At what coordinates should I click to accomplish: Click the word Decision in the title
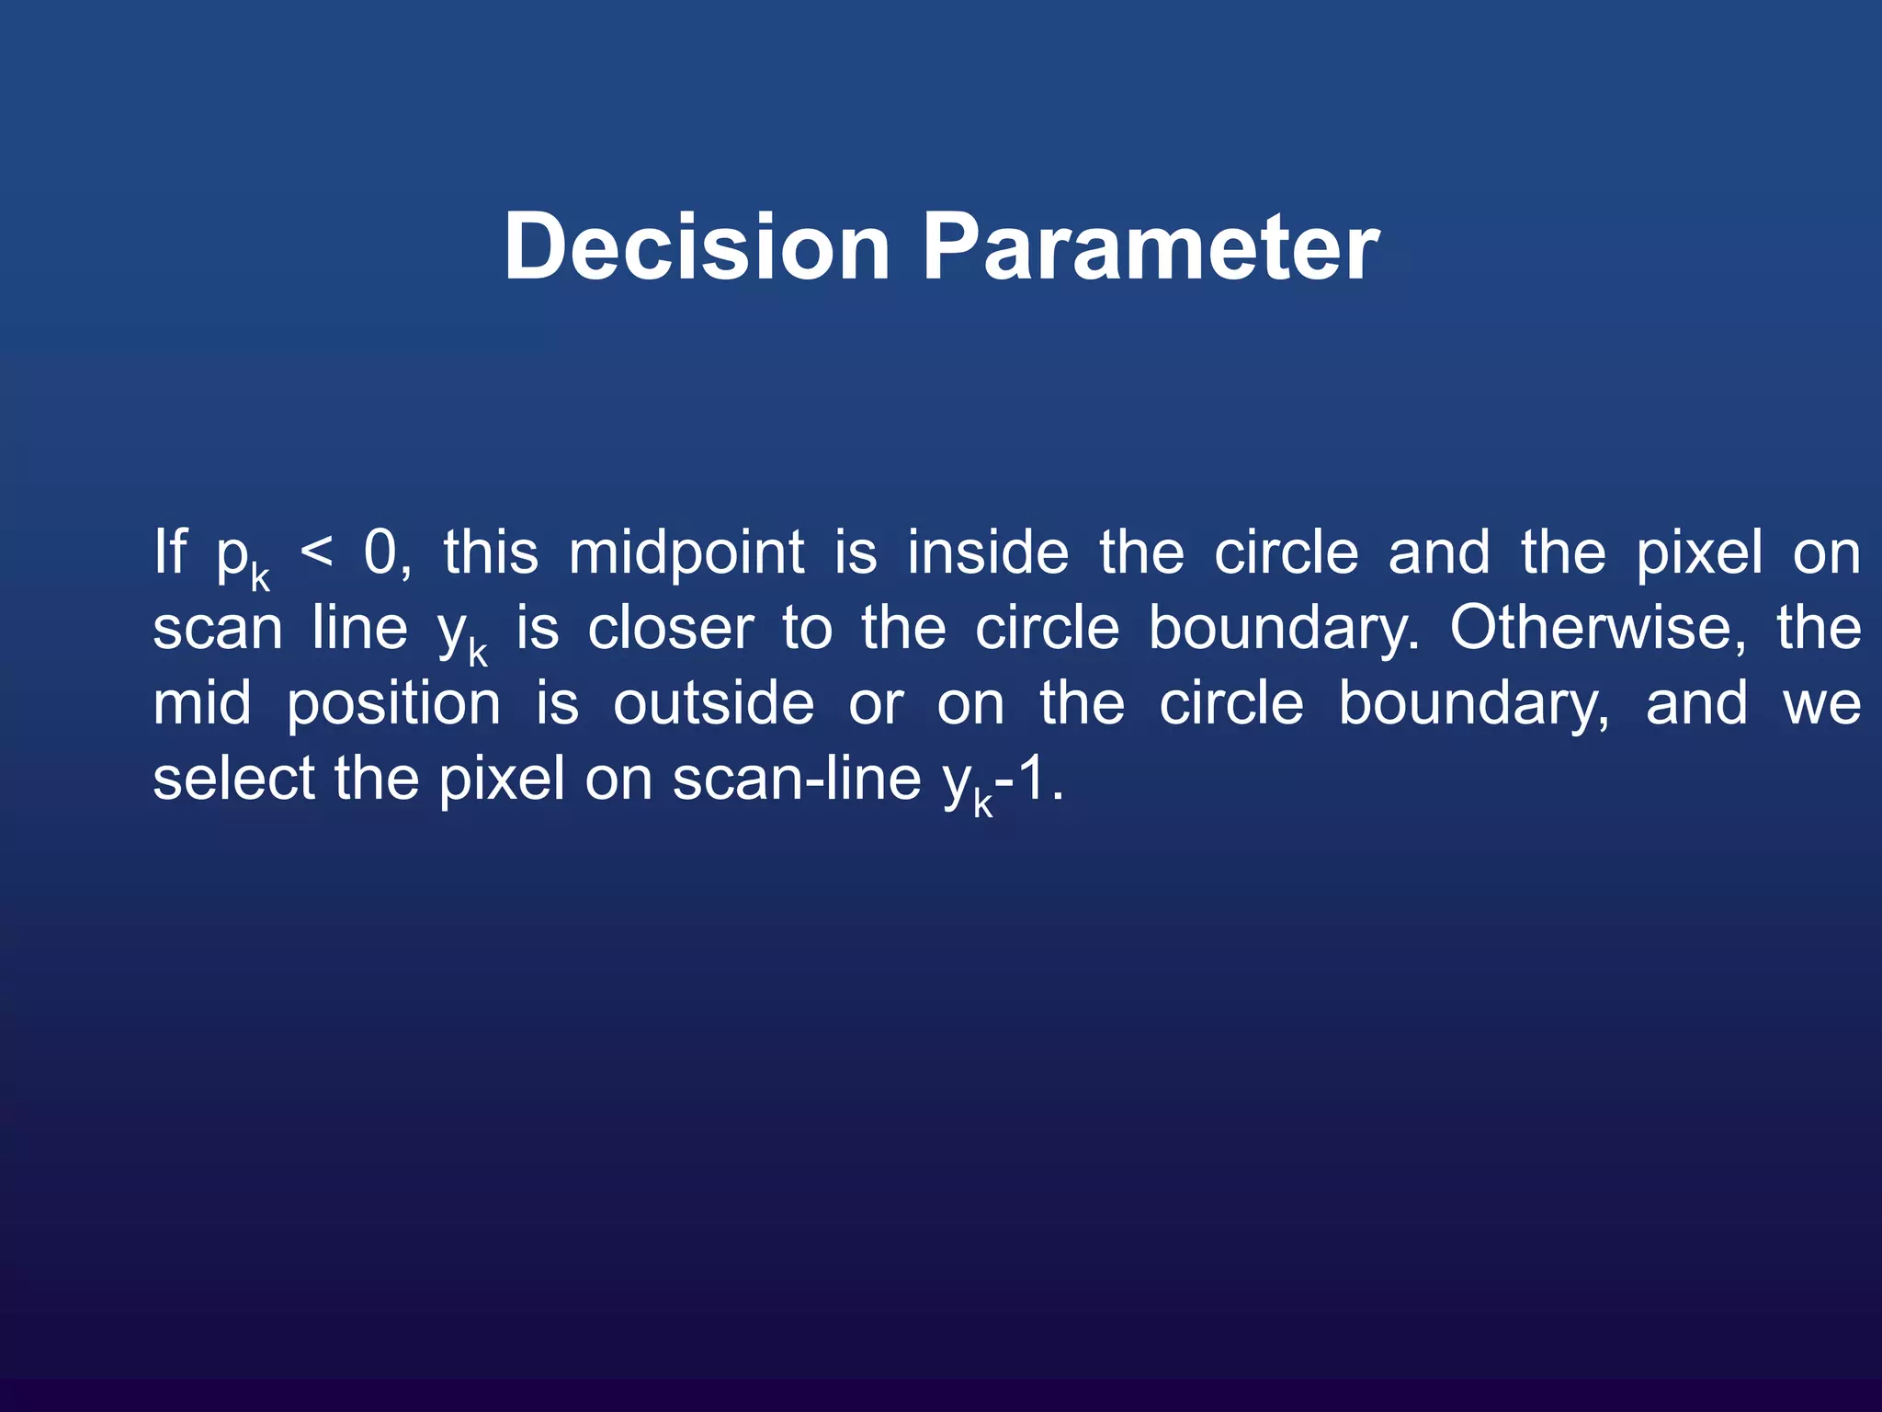697,246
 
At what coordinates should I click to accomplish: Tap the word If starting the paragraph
170,552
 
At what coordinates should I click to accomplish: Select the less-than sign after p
316,552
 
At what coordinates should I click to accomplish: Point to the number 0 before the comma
380,552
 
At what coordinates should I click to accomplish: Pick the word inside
988,552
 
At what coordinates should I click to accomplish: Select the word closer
671,629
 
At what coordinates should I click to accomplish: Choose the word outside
713,704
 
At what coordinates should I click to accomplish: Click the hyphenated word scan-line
796,779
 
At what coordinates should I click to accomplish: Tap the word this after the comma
491,552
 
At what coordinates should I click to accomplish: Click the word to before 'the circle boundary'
807,629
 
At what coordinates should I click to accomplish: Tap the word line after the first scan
359,629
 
